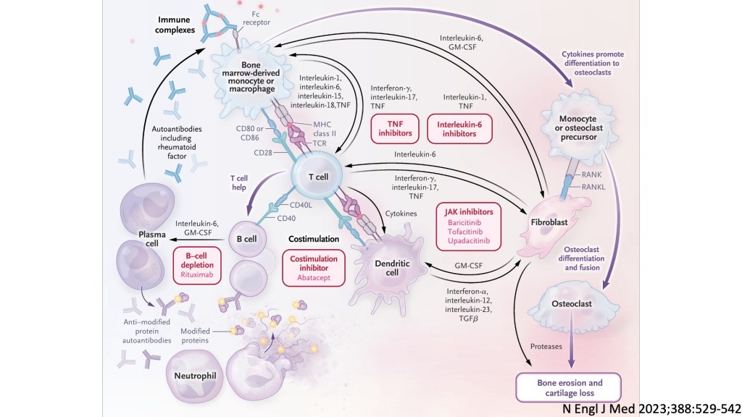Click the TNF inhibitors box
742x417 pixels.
pos(396,129)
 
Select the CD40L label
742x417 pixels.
pos(283,203)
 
